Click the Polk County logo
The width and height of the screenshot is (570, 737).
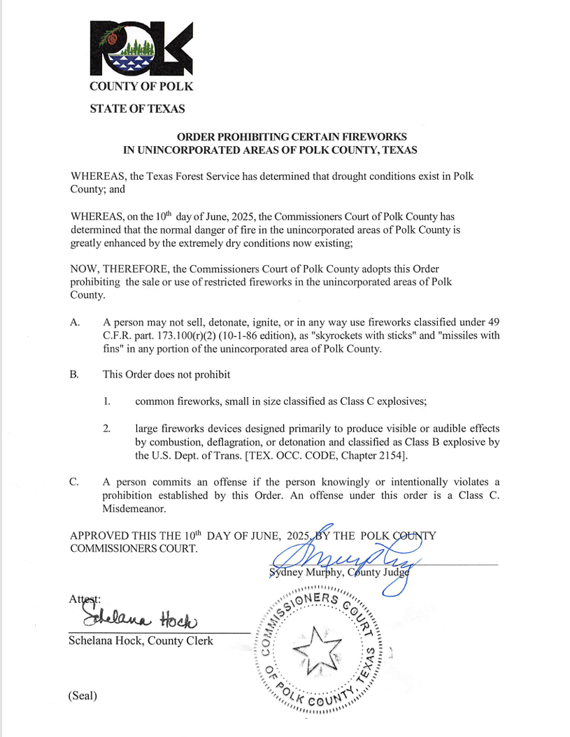click(x=141, y=48)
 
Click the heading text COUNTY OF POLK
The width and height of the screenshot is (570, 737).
click(x=141, y=87)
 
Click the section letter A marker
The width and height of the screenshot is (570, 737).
click(x=75, y=322)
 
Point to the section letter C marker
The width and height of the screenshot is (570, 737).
click(x=75, y=482)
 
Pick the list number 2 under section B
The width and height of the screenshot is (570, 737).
click(x=107, y=428)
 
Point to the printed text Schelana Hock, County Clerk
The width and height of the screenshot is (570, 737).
click(x=141, y=641)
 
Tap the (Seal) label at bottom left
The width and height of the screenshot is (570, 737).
click(x=83, y=696)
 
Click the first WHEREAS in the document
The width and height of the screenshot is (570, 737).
click(x=99, y=176)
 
